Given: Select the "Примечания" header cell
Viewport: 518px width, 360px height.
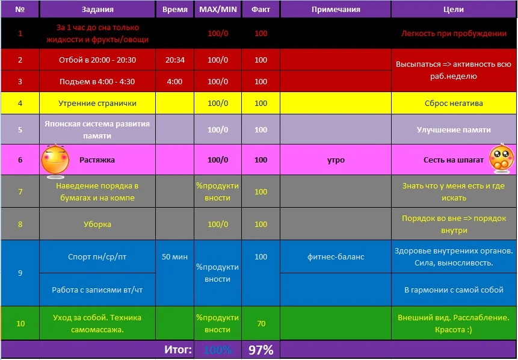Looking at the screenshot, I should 336,10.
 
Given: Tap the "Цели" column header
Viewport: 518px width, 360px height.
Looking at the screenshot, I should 454,10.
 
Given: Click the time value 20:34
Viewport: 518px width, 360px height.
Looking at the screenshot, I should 174,60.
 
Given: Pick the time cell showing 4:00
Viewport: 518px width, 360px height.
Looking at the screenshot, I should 174,81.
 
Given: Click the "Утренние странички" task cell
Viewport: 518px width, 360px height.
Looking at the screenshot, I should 97,104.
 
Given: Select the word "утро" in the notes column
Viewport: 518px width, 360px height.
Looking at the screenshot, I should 336,160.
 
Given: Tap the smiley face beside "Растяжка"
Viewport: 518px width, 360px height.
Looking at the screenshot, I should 54,160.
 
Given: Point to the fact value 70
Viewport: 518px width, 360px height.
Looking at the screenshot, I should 261,323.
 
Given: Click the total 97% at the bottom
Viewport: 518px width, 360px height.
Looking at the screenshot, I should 261,350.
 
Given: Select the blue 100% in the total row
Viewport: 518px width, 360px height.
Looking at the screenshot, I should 217,350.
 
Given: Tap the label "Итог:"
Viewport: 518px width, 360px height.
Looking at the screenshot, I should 178,350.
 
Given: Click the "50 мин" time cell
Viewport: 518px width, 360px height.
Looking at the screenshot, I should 174,256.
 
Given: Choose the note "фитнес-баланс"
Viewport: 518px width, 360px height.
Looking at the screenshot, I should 336,256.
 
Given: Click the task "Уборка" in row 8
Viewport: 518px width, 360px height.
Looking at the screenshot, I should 97,225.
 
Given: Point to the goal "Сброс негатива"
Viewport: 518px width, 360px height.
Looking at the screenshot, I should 454,104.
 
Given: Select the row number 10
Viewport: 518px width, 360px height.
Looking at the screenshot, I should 20,323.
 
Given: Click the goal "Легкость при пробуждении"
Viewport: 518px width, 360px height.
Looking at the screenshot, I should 454,34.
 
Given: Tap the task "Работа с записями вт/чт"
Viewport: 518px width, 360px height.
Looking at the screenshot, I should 97,290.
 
